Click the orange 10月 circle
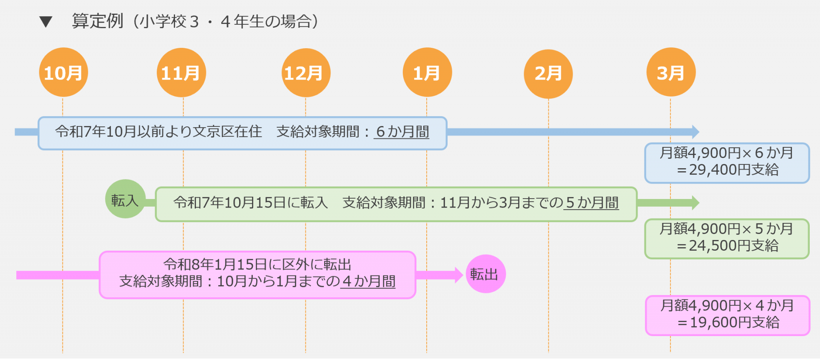point(63,73)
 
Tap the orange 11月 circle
point(182,73)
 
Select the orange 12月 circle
point(306,73)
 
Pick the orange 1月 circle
point(427,73)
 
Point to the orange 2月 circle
point(548,73)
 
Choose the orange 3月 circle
point(671,73)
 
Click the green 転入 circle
point(125,199)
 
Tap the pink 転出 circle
point(485,274)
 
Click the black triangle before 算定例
point(46,22)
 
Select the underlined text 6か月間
point(402,132)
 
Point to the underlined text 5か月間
point(592,202)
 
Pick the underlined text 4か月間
point(368,281)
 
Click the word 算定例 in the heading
point(98,21)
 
